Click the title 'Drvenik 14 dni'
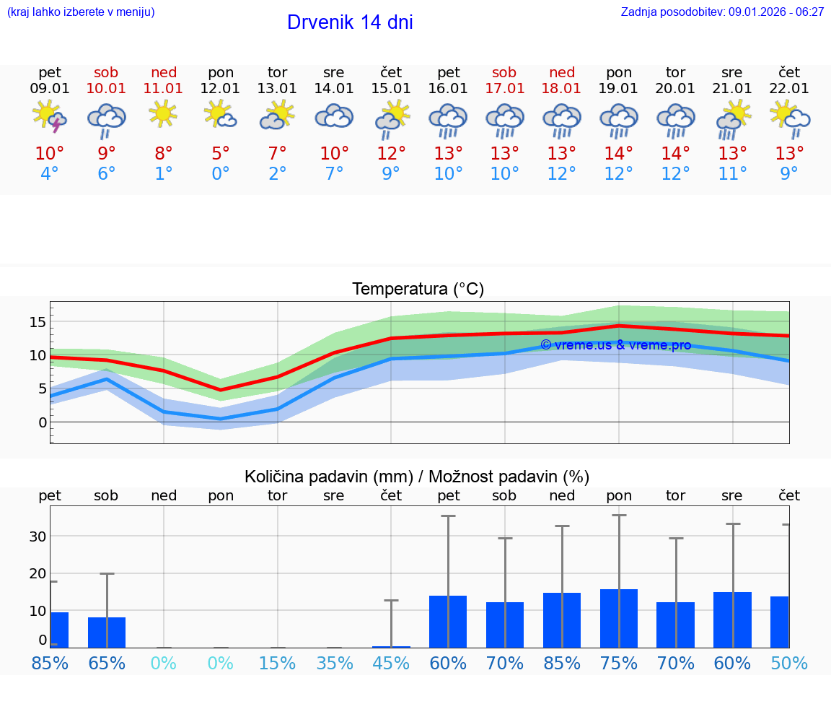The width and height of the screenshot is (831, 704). (350, 22)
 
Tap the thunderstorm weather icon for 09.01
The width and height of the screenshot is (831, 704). (50, 117)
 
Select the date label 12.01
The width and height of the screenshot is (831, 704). (220, 89)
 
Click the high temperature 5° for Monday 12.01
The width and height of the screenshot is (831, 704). (220, 153)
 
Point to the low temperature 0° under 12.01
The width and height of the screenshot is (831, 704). (220, 174)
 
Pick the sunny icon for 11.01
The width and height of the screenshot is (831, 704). (164, 114)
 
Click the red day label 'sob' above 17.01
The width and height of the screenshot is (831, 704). (504, 72)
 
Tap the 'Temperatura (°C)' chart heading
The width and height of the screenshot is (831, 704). (418, 290)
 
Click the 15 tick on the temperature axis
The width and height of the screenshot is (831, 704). (38, 321)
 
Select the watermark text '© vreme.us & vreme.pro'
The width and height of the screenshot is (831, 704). (615, 345)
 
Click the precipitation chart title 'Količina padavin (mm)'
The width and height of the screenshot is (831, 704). (328, 477)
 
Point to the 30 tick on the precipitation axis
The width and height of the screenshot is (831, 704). (38, 536)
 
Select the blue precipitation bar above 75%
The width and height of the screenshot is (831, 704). (619, 618)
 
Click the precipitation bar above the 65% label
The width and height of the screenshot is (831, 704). (106, 632)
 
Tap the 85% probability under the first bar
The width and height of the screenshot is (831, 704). (50, 663)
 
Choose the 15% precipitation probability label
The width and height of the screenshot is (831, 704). (277, 663)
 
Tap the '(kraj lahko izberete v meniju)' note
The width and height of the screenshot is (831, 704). (80, 12)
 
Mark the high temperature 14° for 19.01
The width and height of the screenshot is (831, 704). (619, 153)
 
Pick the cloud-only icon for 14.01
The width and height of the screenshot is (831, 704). (334, 116)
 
